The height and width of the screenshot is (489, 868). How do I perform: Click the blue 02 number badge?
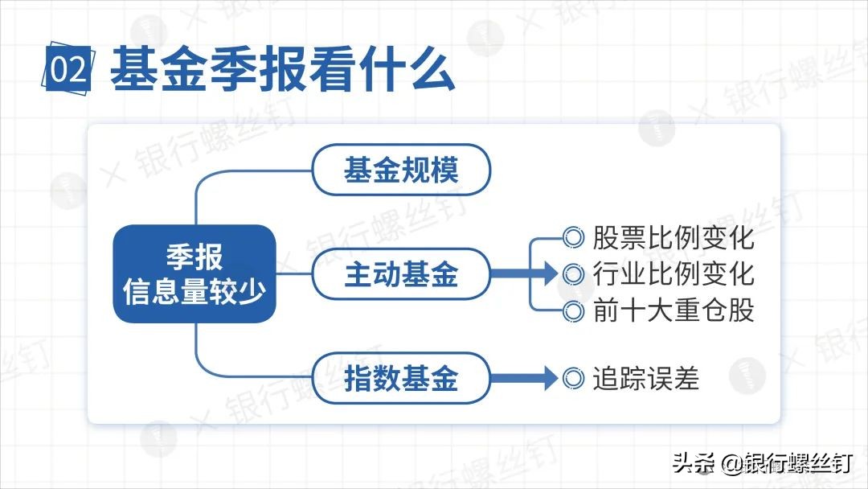pyautogui.click(x=68, y=70)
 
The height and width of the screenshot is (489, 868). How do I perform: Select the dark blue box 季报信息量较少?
pyautogui.click(x=194, y=273)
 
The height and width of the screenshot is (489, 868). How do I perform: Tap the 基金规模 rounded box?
pyautogui.click(x=400, y=170)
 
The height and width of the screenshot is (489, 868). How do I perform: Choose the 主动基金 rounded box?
pyautogui.click(x=400, y=273)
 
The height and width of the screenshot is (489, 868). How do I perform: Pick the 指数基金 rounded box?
pyautogui.click(x=400, y=377)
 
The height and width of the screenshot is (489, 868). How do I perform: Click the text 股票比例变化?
pyautogui.click(x=674, y=238)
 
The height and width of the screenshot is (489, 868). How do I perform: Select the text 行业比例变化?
pyautogui.click(x=674, y=273)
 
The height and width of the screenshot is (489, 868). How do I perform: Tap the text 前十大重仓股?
pyautogui.click(x=674, y=310)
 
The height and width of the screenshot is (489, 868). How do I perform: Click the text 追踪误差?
pyautogui.click(x=646, y=377)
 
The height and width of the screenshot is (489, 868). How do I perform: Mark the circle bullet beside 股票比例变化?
pyautogui.click(x=573, y=238)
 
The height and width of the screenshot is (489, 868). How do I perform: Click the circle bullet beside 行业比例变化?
pyautogui.click(x=573, y=273)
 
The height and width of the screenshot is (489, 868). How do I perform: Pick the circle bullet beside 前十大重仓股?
pyautogui.click(x=573, y=310)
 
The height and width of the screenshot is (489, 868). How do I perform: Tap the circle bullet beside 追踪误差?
pyautogui.click(x=573, y=377)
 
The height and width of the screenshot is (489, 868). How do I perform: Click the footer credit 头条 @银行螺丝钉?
pyautogui.click(x=762, y=463)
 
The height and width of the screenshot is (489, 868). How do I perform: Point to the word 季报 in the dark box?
pyautogui.click(x=194, y=257)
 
